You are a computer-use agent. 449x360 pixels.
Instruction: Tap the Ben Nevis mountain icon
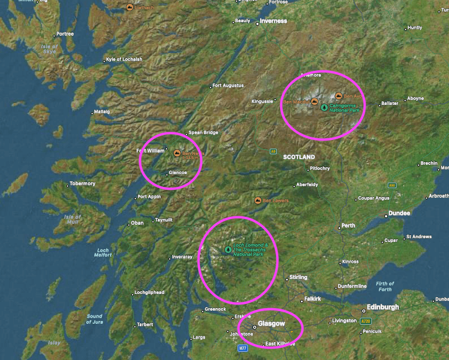[x=177, y=153]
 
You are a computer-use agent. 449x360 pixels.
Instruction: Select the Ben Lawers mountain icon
[x=258, y=200]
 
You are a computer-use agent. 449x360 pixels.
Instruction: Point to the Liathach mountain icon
[x=130, y=7]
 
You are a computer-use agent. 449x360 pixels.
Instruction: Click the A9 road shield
[x=273, y=151]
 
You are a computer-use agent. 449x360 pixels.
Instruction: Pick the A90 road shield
[x=392, y=185]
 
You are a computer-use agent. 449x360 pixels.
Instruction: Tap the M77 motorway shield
[x=242, y=347]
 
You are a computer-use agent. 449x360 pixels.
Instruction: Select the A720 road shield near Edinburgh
[x=365, y=321]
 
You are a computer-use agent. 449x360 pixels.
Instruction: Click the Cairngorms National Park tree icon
[x=324, y=107]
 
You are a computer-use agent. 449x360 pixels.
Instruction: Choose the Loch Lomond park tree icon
[x=228, y=249]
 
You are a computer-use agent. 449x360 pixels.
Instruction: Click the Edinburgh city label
[x=383, y=307]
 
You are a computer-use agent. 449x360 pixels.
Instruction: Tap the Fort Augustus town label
[x=228, y=85]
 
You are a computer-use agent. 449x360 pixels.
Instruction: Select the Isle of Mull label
[x=72, y=220]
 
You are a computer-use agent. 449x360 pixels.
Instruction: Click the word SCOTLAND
[x=299, y=157]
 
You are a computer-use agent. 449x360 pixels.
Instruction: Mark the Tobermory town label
[x=82, y=183]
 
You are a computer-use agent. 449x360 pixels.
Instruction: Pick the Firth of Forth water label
[x=385, y=286]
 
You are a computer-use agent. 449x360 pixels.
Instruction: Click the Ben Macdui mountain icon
[x=314, y=101]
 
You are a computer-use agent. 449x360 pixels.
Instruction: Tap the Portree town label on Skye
[x=65, y=34]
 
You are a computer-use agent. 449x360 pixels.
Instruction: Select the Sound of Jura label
[x=94, y=319]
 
